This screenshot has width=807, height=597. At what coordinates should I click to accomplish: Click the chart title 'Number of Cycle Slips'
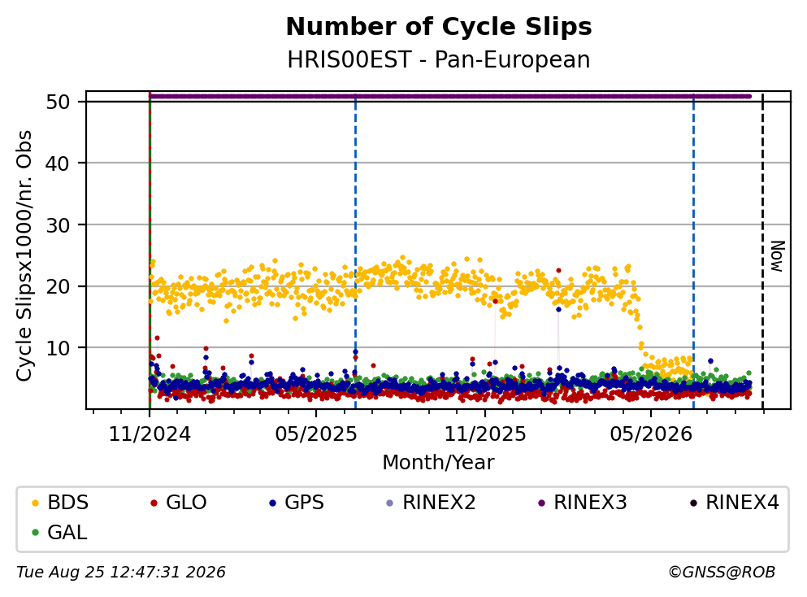pyautogui.click(x=439, y=27)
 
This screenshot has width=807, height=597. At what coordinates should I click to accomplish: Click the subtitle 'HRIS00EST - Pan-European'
pyautogui.click(x=439, y=59)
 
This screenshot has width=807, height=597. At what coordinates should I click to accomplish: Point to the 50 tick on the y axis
pyautogui.click(x=58, y=102)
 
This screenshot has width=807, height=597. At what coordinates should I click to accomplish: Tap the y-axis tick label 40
pyautogui.click(x=58, y=163)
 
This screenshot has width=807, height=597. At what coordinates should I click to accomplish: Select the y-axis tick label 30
pyautogui.click(x=58, y=224)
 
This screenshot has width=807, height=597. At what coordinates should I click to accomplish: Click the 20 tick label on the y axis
pyautogui.click(x=58, y=286)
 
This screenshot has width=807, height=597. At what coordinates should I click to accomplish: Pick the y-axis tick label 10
pyautogui.click(x=58, y=347)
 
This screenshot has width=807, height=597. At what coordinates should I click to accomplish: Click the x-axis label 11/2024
pyautogui.click(x=150, y=434)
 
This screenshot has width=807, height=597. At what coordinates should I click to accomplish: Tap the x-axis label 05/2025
pyautogui.click(x=315, y=434)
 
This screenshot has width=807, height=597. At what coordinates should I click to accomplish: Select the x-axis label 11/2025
pyautogui.click(x=485, y=434)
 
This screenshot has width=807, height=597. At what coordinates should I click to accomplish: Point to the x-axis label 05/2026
pyautogui.click(x=651, y=434)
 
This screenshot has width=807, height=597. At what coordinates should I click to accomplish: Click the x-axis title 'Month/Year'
pyautogui.click(x=438, y=463)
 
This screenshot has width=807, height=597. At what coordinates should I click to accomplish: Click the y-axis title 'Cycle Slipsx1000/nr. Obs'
pyautogui.click(x=24, y=255)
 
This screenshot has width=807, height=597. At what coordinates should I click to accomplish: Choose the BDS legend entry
pyautogui.click(x=59, y=502)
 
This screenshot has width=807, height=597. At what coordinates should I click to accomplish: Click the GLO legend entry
pyautogui.click(x=178, y=502)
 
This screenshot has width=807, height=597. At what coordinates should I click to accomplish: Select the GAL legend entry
pyautogui.click(x=59, y=532)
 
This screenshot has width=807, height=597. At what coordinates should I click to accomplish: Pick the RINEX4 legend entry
pyautogui.click(x=735, y=502)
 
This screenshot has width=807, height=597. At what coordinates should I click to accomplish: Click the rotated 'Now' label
pyautogui.click(x=777, y=256)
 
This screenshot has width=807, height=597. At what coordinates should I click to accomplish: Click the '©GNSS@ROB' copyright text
pyautogui.click(x=722, y=572)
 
